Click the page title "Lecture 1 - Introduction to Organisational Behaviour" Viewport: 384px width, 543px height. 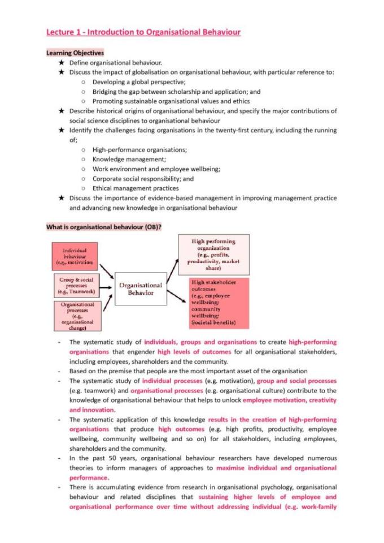143,32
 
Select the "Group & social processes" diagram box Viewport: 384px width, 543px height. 76,286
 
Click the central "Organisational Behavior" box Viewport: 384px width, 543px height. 141,289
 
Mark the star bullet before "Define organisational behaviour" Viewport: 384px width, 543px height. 61,63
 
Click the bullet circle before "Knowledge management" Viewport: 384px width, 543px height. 82,159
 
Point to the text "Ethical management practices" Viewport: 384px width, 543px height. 136,188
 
